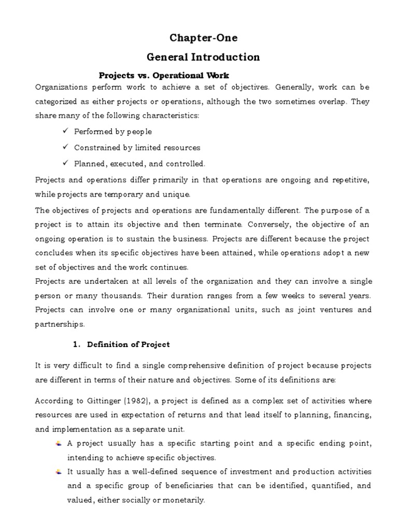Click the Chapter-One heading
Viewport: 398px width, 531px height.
(203, 38)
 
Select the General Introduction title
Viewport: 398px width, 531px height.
(203, 57)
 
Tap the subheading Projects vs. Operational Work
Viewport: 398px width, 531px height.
(163, 75)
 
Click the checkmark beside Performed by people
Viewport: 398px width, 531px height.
(65, 131)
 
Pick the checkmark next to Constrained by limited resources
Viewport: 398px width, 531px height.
(65, 147)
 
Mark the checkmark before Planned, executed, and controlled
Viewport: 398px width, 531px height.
(65, 163)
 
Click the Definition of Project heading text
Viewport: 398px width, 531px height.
(129, 344)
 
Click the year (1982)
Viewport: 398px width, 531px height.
(132, 401)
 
